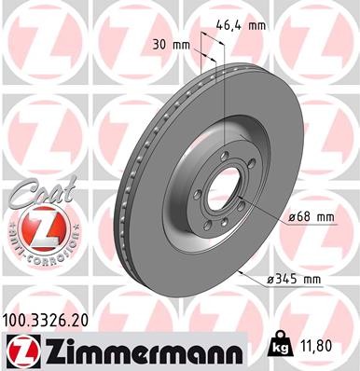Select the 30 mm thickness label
[168, 43]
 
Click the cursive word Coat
[35, 195]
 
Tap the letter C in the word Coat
[16, 197]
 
